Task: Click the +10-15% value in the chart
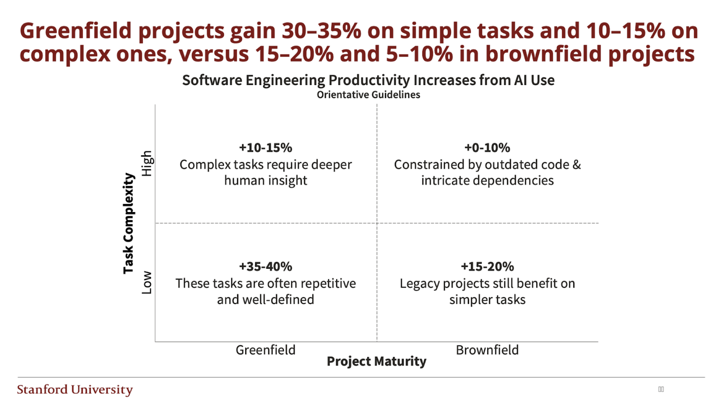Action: (x=265, y=148)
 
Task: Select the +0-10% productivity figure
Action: (x=487, y=148)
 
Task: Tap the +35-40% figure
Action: (x=265, y=266)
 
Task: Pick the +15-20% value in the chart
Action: (x=487, y=266)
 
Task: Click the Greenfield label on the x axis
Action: (x=265, y=350)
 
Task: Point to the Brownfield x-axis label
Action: (x=487, y=350)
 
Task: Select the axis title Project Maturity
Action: (x=376, y=361)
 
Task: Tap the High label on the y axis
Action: (x=147, y=163)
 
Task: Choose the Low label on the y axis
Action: (x=147, y=282)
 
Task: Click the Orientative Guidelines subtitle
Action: (x=368, y=95)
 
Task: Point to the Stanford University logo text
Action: (x=75, y=389)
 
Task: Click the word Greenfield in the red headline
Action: (x=76, y=31)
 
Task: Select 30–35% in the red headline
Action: (x=321, y=31)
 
